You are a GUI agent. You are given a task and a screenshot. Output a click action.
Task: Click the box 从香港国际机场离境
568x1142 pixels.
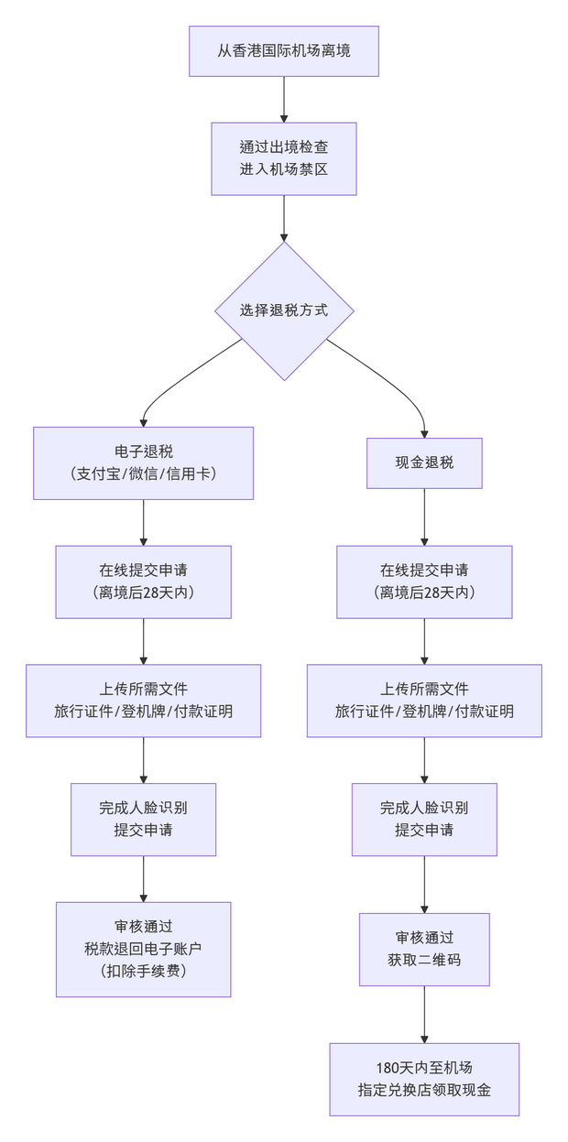[x=284, y=50]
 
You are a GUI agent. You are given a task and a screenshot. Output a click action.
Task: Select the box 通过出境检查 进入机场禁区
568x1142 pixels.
[x=284, y=158]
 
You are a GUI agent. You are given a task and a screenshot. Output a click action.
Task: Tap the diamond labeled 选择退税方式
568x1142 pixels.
[x=284, y=310]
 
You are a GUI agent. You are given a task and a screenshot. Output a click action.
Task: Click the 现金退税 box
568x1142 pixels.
[x=424, y=462]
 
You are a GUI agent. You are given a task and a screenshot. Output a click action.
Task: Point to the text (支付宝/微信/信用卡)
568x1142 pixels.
[x=144, y=473]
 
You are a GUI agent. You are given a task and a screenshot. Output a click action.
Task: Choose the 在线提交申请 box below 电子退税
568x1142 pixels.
[x=144, y=582]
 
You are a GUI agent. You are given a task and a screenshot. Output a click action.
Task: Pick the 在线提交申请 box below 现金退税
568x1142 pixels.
[x=424, y=582]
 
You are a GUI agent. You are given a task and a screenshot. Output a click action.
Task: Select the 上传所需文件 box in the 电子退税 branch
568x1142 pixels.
[x=144, y=701]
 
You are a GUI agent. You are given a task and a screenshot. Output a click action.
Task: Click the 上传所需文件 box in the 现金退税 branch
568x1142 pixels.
[x=424, y=701]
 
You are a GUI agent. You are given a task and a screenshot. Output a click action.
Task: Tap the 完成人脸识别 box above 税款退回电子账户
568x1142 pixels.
[x=144, y=819]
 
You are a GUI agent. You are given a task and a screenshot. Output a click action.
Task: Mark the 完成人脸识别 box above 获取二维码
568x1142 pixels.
[x=424, y=819]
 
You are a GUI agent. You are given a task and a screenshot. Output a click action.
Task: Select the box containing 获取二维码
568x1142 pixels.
[x=424, y=949]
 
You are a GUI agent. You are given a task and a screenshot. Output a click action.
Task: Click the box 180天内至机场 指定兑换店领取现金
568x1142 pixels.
[x=424, y=1079]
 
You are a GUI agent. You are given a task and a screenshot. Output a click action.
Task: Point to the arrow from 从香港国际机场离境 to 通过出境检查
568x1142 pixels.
[x=284, y=99]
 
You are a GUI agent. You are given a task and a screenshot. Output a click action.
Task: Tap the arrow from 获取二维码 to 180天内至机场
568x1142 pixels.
[x=424, y=1014]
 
